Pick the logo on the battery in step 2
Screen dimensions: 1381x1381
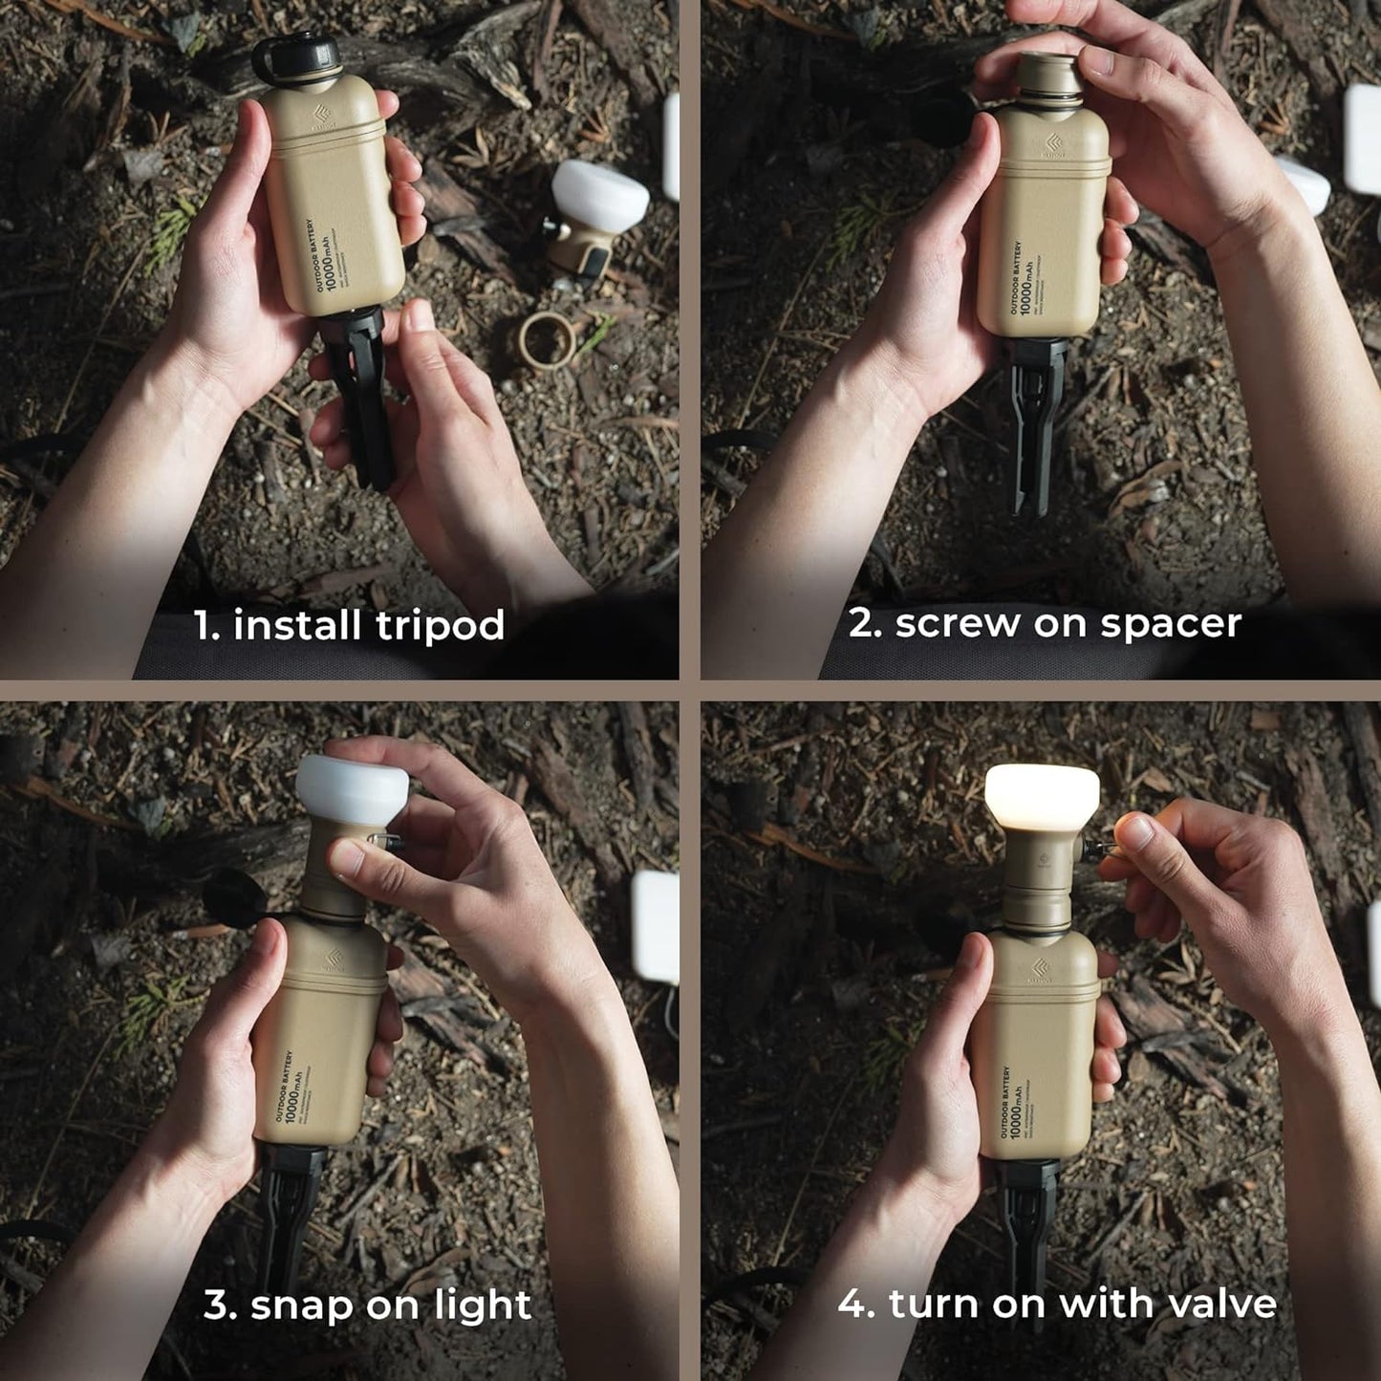point(1053,145)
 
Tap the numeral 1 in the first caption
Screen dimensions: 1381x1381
point(204,626)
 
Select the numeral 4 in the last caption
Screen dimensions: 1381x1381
point(852,1304)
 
